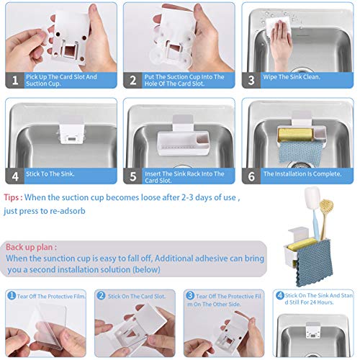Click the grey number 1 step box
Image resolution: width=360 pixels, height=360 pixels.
click(14, 80)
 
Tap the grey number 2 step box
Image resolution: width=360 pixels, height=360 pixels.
click(132, 80)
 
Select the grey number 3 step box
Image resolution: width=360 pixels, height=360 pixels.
click(251, 80)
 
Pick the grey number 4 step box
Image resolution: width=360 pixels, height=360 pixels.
click(14, 176)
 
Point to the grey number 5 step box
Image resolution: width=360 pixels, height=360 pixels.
click(132, 176)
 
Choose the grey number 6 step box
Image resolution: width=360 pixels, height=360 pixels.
click(251, 176)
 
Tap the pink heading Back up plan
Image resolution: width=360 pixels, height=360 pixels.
click(32, 247)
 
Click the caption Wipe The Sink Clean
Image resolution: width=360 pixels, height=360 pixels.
click(292, 77)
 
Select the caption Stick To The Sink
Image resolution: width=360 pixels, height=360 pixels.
click(50, 174)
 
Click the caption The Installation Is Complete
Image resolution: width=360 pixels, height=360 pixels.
click(302, 174)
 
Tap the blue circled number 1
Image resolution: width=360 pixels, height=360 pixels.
click(12, 295)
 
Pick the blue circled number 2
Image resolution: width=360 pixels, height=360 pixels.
click(101, 295)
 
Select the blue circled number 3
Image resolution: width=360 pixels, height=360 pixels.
click(190, 295)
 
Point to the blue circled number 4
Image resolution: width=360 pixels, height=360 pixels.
click(280, 295)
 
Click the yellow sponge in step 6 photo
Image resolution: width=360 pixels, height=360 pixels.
click(295, 135)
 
